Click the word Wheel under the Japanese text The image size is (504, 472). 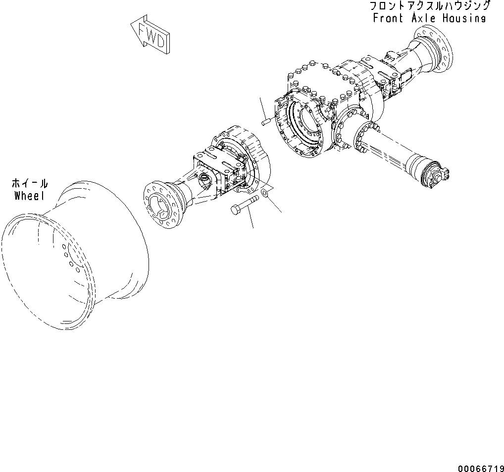click(x=29, y=196)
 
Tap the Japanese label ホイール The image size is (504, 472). click(x=30, y=183)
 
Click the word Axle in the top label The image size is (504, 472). click(x=423, y=18)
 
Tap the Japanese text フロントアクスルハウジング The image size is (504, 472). click(x=429, y=6)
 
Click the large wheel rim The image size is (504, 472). click(x=74, y=258)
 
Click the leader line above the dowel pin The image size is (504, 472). click(x=262, y=106)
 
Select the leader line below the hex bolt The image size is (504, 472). click(x=251, y=218)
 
